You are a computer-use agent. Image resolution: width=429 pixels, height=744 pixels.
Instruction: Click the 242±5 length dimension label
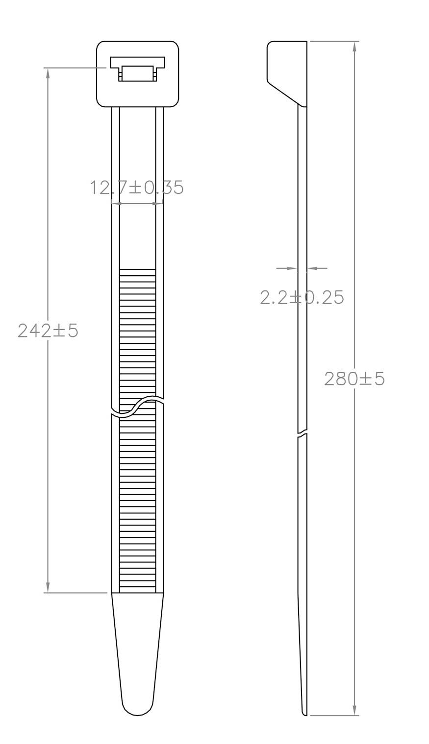tap(48, 331)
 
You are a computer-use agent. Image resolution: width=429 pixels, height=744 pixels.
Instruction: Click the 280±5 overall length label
tap(354, 378)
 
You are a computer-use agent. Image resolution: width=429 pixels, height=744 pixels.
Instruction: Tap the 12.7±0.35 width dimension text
tap(137, 187)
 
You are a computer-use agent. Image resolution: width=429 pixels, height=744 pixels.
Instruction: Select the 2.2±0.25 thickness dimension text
tap(302, 297)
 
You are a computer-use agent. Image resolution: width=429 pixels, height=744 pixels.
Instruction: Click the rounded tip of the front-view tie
tap(137, 709)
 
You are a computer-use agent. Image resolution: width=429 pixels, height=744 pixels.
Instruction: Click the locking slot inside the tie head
tap(137, 69)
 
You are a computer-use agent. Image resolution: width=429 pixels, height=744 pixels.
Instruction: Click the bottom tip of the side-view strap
tap(304, 713)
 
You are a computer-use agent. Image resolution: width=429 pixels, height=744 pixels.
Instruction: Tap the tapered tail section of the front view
tap(137, 647)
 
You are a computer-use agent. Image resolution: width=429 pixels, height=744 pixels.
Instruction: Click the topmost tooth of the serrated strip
tap(137, 272)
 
